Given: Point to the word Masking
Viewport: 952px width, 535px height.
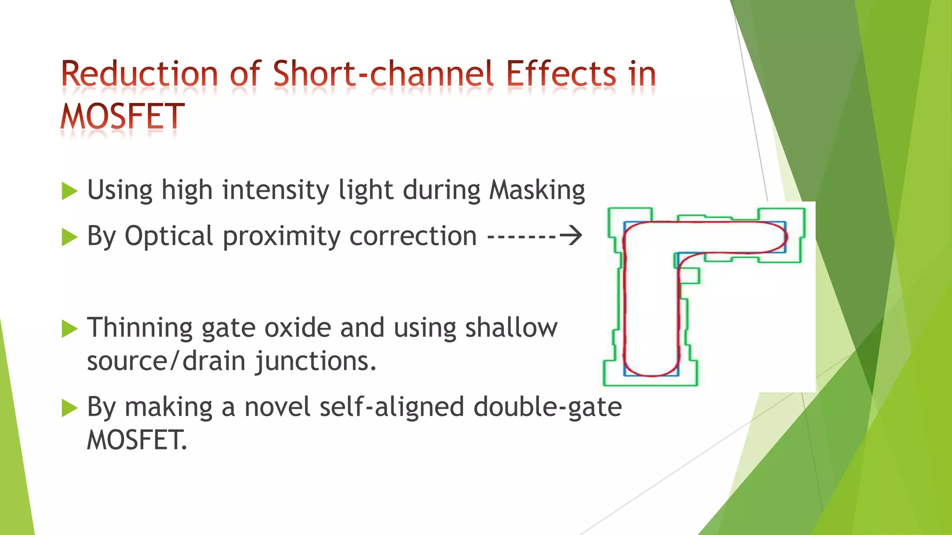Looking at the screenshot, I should [x=537, y=190].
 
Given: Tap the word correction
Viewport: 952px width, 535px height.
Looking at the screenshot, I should [x=413, y=236].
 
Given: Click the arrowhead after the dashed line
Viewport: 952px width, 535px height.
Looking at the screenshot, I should [x=572, y=236].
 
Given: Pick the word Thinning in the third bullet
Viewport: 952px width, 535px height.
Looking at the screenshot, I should [x=140, y=328].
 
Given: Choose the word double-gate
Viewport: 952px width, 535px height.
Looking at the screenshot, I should [x=548, y=407].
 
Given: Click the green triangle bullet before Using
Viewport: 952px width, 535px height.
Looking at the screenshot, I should [x=69, y=191].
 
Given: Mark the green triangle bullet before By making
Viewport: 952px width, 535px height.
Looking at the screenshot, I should [x=69, y=408].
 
